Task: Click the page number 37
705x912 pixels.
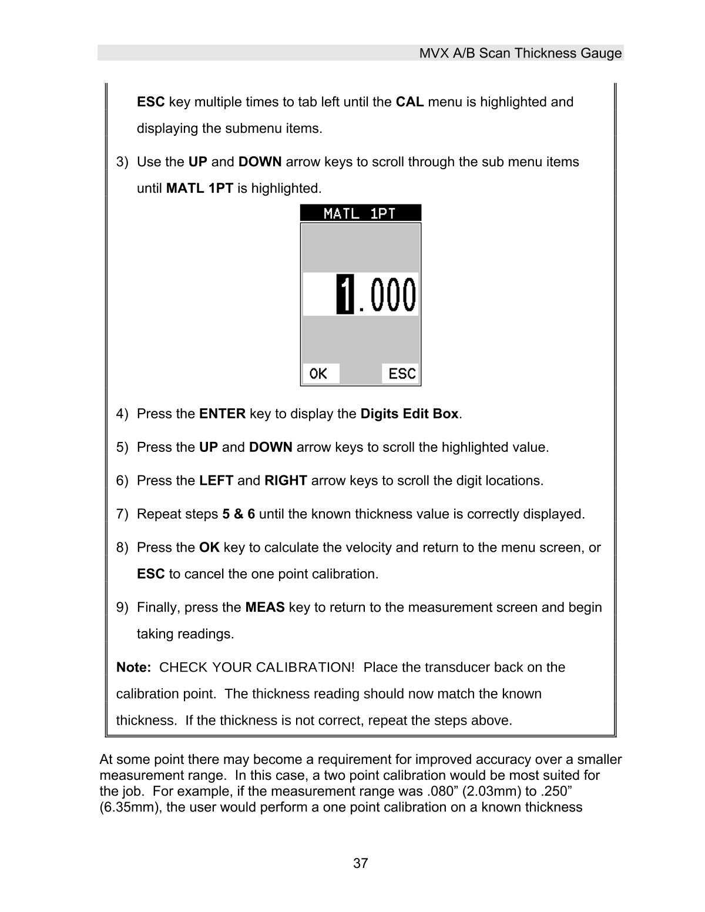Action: pos(360,863)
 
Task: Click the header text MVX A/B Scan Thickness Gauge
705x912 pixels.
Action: pos(520,53)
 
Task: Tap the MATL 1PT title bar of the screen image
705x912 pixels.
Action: pos(360,213)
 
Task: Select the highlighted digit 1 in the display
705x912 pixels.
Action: pos(345,294)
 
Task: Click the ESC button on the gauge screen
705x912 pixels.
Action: pos(402,374)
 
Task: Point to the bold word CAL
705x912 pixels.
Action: pos(409,102)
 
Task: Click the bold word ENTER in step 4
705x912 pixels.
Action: pos(222,414)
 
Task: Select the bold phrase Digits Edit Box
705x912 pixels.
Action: pos(409,414)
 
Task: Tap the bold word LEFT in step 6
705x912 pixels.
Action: pos(216,481)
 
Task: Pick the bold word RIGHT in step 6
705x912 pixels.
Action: pos(286,481)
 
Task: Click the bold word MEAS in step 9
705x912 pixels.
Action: pos(264,607)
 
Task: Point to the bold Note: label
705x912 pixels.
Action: pos(134,668)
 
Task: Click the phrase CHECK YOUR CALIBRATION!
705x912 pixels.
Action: pos(257,668)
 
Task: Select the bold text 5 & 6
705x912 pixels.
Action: pos(238,514)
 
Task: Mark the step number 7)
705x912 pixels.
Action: pos(122,514)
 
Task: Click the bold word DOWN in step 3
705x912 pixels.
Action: pos(260,162)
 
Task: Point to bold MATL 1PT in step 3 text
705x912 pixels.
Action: pos(200,189)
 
